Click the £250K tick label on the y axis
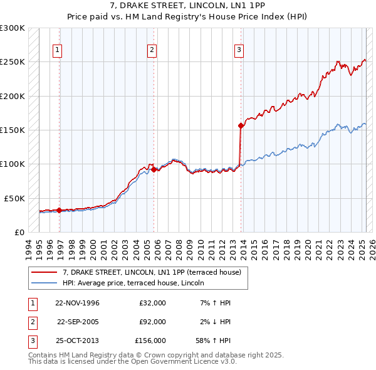pyautogui.click(x=13, y=62)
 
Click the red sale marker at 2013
pyautogui.click(x=241, y=125)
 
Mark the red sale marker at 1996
pyautogui.click(x=60, y=210)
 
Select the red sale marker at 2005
pyautogui.click(x=154, y=169)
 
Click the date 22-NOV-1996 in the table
pyautogui.click(x=77, y=304)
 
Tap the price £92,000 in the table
pyautogui.click(x=152, y=322)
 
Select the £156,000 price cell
pyautogui.click(x=150, y=341)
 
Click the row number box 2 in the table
pyautogui.click(x=32, y=322)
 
